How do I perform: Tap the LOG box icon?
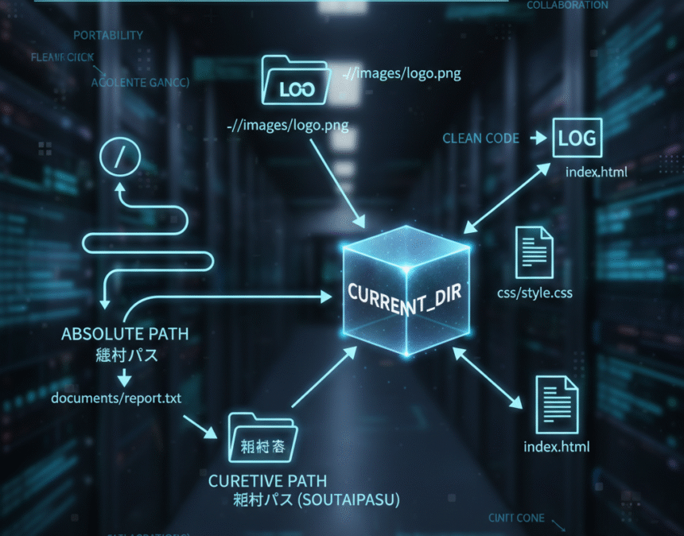577,138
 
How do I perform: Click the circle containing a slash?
119,156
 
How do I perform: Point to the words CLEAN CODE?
480,138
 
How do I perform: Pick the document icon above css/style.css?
534,252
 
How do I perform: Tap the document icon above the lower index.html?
558,403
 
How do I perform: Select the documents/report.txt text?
115,397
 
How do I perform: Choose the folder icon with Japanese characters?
262,441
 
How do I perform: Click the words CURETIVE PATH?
267,481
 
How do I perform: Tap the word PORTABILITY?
108,35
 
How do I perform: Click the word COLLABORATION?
567,5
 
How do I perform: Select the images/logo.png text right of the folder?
401,74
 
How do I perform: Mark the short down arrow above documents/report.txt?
124,376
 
